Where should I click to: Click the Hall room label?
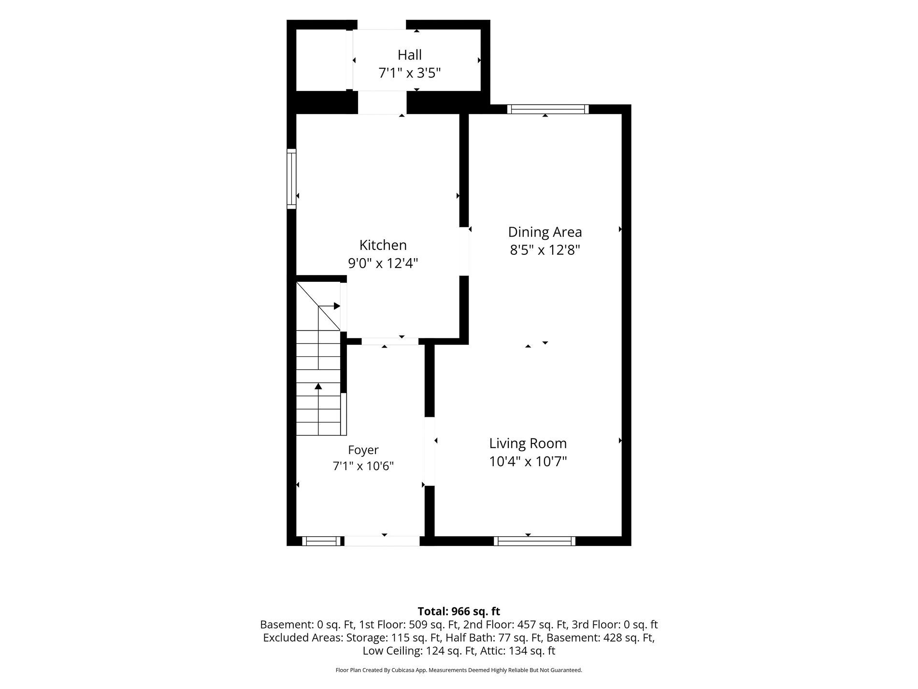point(410,55)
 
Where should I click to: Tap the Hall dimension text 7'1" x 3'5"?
point(410,73)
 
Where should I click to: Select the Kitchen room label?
point(383,245)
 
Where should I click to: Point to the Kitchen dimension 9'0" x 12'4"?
point(383,264)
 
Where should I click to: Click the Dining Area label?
point(545,232)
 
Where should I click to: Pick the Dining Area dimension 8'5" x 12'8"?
point(545,250)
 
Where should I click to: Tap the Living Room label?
point(528,443)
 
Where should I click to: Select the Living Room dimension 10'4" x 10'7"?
point(528,462)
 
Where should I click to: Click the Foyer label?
point(363,450)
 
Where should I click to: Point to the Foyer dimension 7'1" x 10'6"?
point(363,466)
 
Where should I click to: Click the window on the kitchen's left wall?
point(291,179)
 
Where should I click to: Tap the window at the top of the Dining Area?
point(548,109)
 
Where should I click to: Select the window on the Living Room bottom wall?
point(534,541)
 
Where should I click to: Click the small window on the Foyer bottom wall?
point(321,541)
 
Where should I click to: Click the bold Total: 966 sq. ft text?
point(459,611)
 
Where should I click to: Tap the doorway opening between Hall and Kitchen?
point(382,103)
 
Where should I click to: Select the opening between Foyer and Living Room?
point(430,451)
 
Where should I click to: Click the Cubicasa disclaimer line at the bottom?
point(459,670)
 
